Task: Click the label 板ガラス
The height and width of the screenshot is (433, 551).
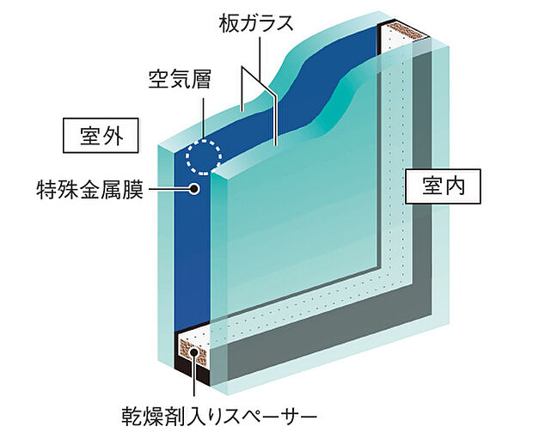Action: pos(255,23)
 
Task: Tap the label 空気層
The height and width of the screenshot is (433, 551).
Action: pos(179,79)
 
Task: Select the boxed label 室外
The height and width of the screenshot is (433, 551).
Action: pos(101,135)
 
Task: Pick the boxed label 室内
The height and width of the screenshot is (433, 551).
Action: pos(443,186)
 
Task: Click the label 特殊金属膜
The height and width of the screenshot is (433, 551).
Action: pos(90,189)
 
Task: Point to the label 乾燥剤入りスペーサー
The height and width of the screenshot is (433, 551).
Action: pos(219,416)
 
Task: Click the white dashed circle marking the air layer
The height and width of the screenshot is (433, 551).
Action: pos(204,156)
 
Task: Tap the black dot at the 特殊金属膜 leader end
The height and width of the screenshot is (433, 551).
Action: pos(193,189)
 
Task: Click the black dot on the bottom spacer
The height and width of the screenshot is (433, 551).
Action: pos(193,353)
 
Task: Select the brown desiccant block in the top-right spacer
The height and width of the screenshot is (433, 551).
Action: pos(407,30)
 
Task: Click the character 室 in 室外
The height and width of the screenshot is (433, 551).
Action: pos(89,136)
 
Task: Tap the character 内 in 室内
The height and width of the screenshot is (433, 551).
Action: pos(455,186)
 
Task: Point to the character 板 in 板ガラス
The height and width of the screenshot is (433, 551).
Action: pos(229,23)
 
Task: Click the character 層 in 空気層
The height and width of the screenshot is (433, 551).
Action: pos(199,79)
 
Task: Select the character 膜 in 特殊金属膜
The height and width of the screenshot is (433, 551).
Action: pos(134,189)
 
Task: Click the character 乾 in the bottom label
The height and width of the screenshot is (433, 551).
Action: pos(132,416)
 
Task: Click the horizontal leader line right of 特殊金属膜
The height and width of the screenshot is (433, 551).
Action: pos(168,189)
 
